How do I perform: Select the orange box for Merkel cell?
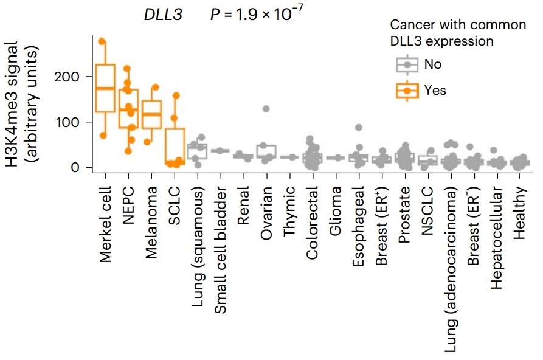pos(105,88)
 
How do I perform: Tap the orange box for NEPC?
pos(128,108)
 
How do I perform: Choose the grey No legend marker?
pos(407,64)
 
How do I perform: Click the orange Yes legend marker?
pos(407,90)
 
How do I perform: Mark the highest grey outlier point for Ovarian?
pos(266,109)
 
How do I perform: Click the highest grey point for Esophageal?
pos(359,128)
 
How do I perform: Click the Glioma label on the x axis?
pos(336,207)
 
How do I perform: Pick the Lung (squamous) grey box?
pos(197,151)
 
